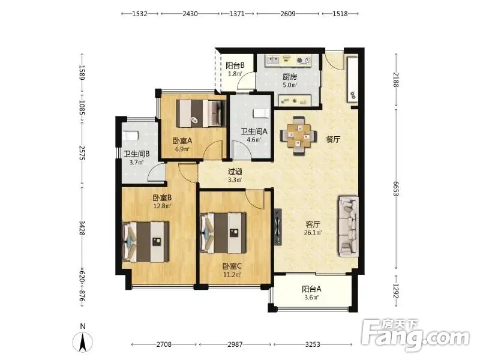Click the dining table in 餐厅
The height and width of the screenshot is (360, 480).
tap(298, 136)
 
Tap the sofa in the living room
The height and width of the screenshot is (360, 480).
tap(349, 226)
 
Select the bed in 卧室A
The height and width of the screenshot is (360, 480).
tap(200, 113)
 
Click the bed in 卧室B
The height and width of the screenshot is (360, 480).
tap(145, 242)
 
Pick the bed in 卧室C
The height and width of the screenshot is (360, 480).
tap(223, 233)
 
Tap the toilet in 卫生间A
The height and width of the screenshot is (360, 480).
tap(261, 113)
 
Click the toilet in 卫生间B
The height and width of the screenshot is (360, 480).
tap(130, 136)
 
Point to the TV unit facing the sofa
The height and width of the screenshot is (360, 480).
tap(278, 227)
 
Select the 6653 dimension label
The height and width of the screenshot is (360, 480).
tap(396, 188)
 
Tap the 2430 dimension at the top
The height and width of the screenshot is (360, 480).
tap(190, 13)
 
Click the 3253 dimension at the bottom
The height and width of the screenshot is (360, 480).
tap(313, 344)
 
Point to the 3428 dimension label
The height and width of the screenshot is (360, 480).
tap(82, 228)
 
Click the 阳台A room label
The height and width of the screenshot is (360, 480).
tap(311, 289)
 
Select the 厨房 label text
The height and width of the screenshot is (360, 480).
tap(289, 77)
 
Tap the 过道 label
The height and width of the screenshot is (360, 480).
tap(235, 172)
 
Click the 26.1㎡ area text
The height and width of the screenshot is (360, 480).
tap(313, 233)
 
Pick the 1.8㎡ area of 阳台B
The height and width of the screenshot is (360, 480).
tap(235, 73)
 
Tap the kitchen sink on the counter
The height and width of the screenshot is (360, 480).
tap(273, 59)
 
